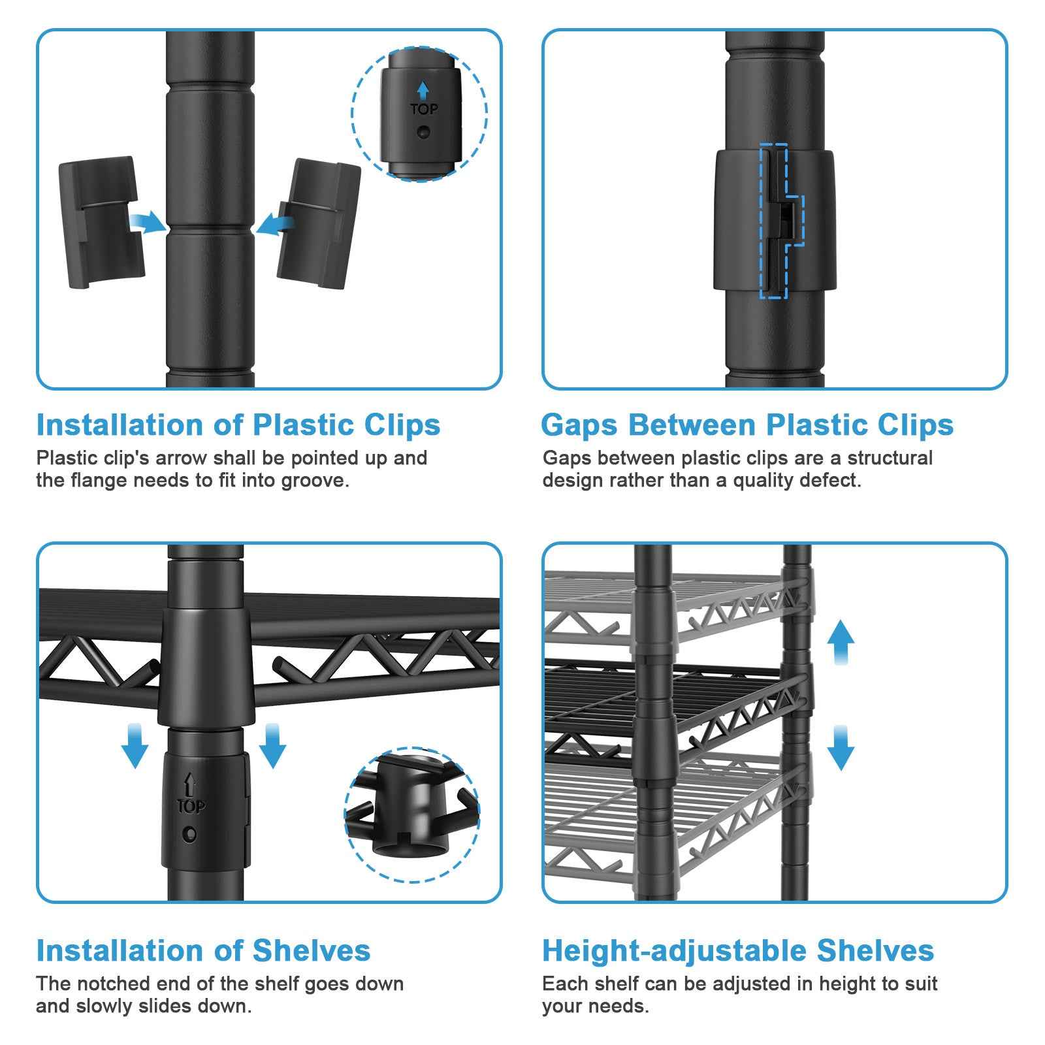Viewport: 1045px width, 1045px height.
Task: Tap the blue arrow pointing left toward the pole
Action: [274, 224]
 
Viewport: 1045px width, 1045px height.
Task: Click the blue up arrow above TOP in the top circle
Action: [423, 90]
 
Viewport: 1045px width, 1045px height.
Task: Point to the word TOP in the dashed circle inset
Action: [424, 109]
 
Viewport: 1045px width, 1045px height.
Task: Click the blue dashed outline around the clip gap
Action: [781, 221]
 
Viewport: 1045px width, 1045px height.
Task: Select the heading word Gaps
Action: [579, 426]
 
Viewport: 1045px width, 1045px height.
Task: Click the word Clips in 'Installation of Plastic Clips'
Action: [402, 425]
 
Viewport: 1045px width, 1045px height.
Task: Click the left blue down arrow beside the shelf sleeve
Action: [135, 745]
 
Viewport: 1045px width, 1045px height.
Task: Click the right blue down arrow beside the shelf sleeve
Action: [272, 745]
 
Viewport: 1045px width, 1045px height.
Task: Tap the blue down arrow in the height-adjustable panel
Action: [840, 748]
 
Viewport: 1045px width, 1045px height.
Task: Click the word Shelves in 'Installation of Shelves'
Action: [312, 951]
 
